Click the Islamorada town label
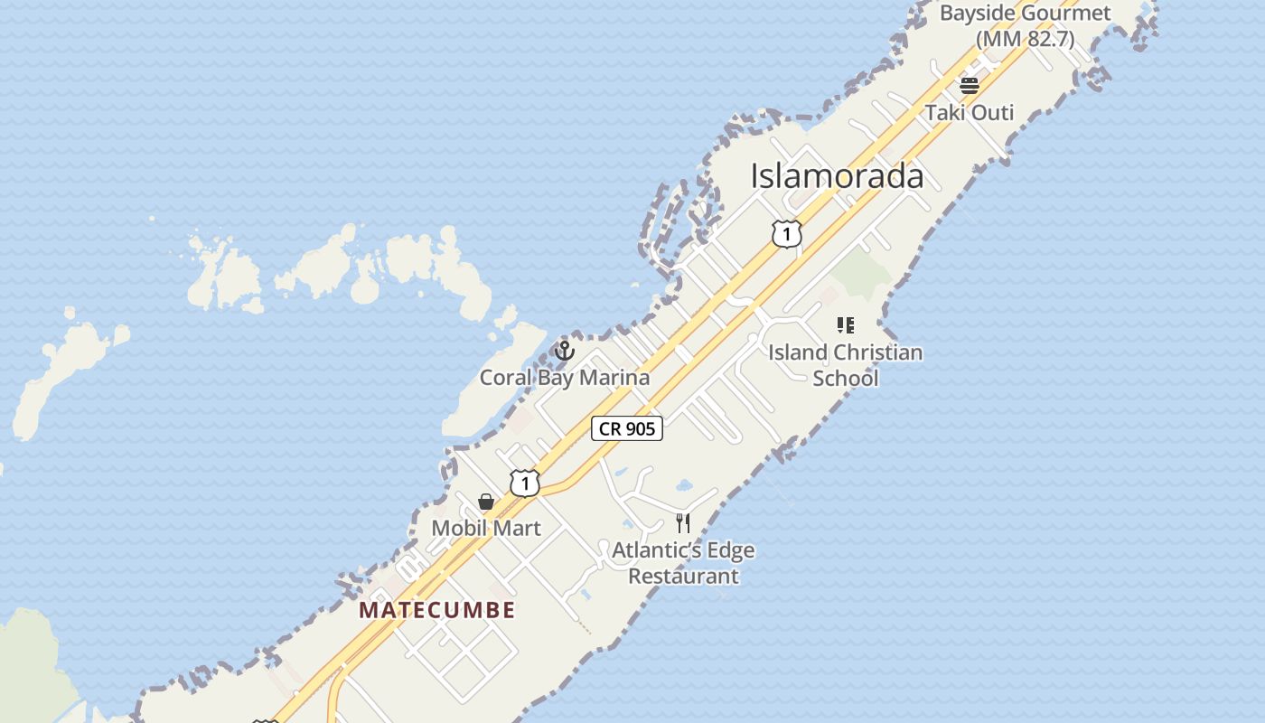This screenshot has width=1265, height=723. [x=837, y=176]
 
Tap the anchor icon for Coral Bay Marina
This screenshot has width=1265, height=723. [x=565, y=350]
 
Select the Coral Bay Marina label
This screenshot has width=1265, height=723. [x=564, y=378]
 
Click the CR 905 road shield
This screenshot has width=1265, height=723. [x=627, y=428]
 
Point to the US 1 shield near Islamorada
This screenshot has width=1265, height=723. [x=786, y=234]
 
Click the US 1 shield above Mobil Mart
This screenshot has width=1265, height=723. [x=524, y=484]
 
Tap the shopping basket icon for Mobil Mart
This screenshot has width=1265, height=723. [x=486, y=502]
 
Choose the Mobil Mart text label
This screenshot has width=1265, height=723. [x=486, y=529]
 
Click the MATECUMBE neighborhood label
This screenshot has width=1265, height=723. [x=437, y=610]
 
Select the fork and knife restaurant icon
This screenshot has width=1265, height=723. [x=683, y=523]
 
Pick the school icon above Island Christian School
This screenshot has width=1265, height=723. [x=845, y=325]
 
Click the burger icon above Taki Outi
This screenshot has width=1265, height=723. [x=970, y=86]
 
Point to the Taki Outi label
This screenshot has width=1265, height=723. [x=969, y=113]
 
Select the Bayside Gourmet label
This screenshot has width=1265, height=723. [x=1025, y=14]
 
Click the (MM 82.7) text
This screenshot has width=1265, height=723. [x=1025, y=40]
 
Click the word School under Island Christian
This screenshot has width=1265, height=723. [x=845, y=378]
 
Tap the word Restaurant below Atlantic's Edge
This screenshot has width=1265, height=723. [x=683, y=577]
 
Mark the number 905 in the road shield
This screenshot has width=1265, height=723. [x=639, y=428]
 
